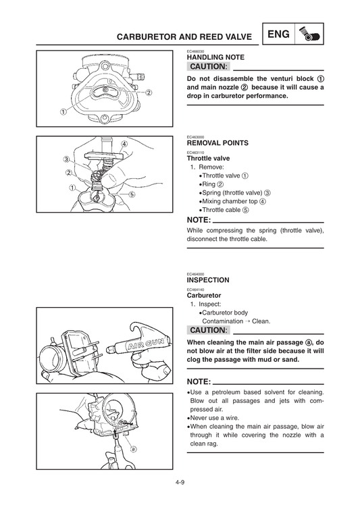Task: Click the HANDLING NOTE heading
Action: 215,58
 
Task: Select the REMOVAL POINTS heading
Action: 217,143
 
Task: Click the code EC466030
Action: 196,51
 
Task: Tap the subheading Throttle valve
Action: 208,158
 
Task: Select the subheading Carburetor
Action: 203,296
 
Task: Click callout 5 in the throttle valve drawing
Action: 132,194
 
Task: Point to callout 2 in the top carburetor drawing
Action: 147,92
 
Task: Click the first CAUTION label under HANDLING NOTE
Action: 209,68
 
